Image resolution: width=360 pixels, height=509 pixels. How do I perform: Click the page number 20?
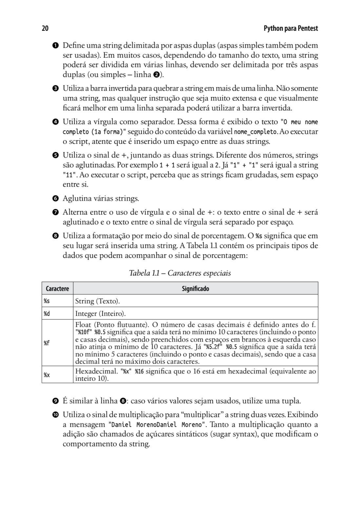point(45,28)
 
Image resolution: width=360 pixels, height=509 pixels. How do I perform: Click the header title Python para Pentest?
point(290,28)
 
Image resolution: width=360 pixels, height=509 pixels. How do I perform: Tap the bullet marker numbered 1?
point(55,46)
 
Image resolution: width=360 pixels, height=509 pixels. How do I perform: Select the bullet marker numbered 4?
point(55,122)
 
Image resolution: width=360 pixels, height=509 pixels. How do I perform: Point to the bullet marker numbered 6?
point(55,199)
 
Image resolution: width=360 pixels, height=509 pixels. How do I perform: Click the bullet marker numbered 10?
point(55,415)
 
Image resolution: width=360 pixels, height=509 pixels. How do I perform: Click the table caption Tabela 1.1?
point(180,273)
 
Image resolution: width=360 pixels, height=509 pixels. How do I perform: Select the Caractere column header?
point(57,289)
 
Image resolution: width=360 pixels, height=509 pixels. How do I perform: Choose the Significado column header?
point(195,289)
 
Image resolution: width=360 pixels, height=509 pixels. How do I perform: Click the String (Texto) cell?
point(97,301)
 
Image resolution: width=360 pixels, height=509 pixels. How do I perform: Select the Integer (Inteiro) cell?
point(100,314)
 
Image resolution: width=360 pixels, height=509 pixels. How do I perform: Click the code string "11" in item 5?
point(68,175)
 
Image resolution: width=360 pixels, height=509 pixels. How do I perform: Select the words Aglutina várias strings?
point(101,199)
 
